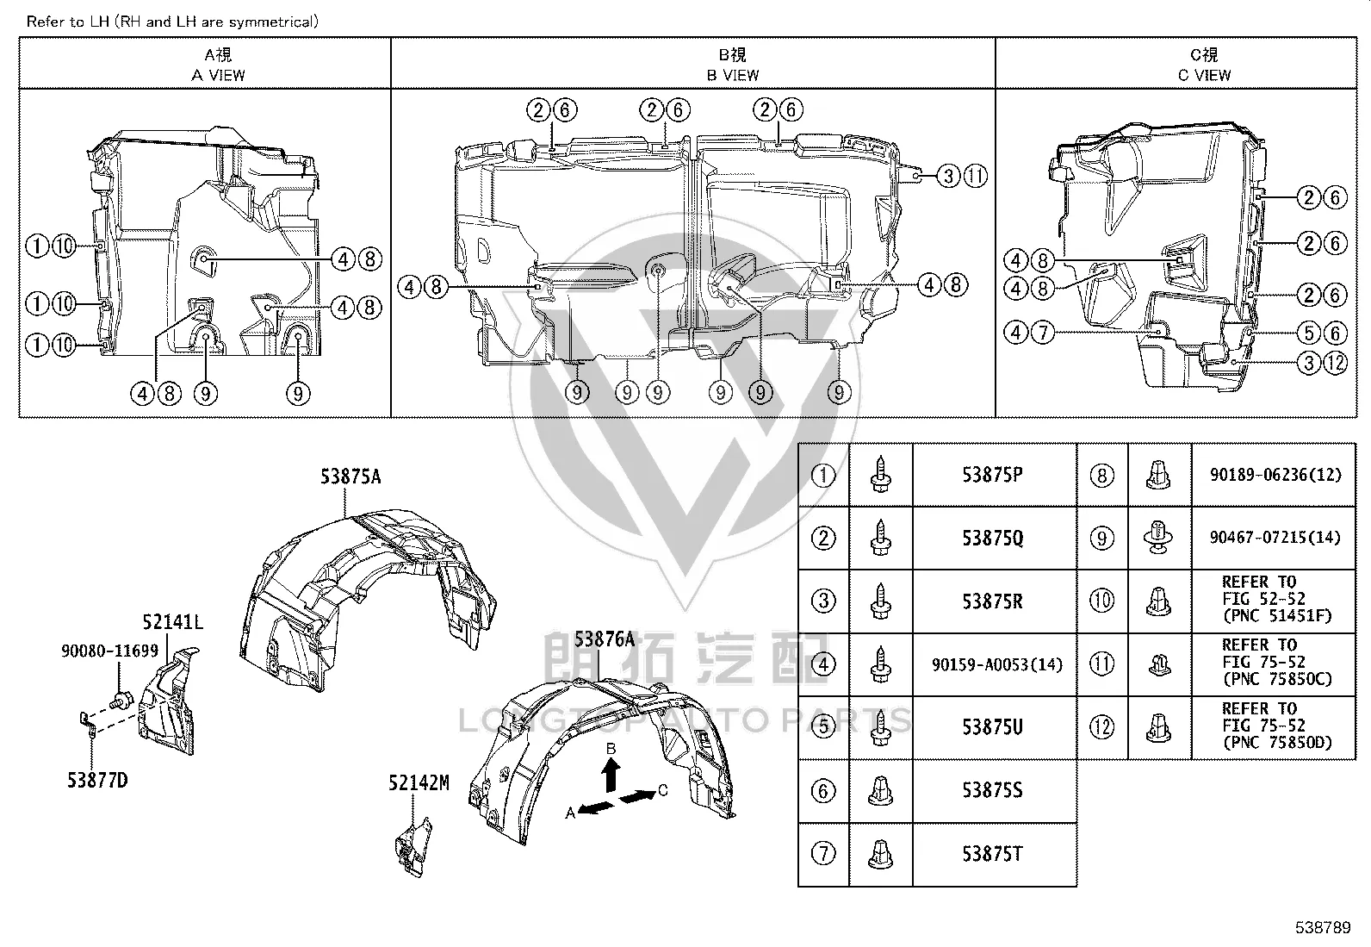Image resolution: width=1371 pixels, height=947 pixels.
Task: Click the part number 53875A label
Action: (x=351, y=477)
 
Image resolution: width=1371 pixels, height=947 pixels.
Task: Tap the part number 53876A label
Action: (x=604, y=639)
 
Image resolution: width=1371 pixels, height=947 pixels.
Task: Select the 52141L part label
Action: (x=172, y=622)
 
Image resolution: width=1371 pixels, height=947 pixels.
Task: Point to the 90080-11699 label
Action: (x=109, y=651)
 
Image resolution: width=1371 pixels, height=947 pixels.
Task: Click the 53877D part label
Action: (x=97, y=781)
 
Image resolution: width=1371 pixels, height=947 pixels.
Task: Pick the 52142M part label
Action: (x=419, y=782)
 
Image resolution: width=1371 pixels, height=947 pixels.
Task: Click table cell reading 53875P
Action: (x=994, y=476)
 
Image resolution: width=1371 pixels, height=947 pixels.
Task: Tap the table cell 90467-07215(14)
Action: (x=1275, y=538)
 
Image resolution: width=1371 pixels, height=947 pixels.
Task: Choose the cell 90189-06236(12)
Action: (x=1275, y=476)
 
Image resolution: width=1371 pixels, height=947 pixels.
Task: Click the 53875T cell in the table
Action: (x=994, y=854)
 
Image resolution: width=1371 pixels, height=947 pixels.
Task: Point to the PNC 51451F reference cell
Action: (x=1275, y=601)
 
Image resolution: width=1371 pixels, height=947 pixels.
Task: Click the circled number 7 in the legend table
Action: (x=823, y=853)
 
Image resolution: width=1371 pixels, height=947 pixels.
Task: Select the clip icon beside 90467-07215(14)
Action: (x=1158, y=538)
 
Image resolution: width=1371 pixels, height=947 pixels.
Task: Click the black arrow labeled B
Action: (x=611, y=775)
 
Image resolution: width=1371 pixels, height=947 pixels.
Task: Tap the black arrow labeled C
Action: (x=638, y=796)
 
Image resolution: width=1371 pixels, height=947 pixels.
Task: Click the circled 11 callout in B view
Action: (x=976, y=177)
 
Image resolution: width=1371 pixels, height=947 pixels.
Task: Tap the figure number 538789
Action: (x=1323, y=927)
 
